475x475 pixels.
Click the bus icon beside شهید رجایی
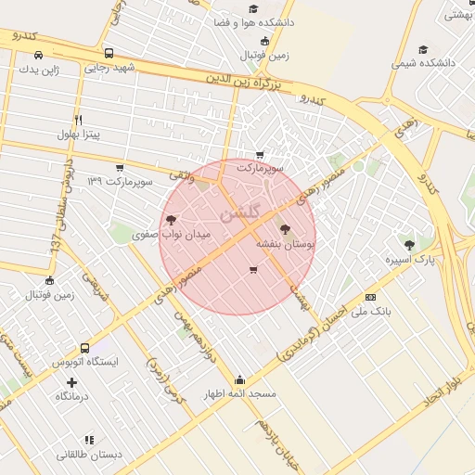[x=109, y=54]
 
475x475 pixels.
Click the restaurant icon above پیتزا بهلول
[x=78, y=120]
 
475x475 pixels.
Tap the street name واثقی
[x=181, y=173]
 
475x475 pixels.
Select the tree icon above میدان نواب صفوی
[x=171, y=220]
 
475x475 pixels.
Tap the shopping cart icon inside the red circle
[x=253, y=270]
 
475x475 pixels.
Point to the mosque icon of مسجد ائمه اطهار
[x=240, y=379]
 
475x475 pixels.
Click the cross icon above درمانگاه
[x=71, y=381]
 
